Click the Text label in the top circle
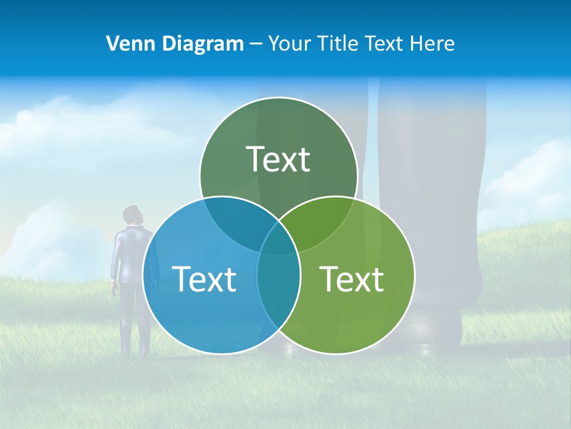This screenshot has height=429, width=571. tap(278, 159)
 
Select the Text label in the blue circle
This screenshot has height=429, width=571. tap(204, 278)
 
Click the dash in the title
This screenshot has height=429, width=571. tap(256, 43)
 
